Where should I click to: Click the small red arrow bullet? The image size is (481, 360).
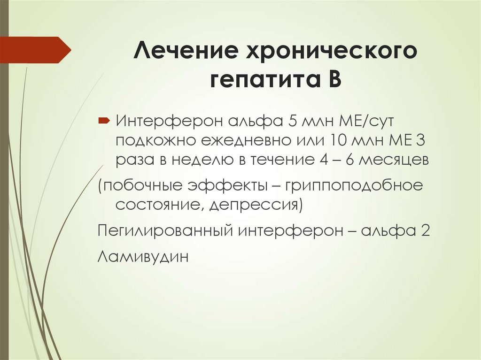coord(104,121)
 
